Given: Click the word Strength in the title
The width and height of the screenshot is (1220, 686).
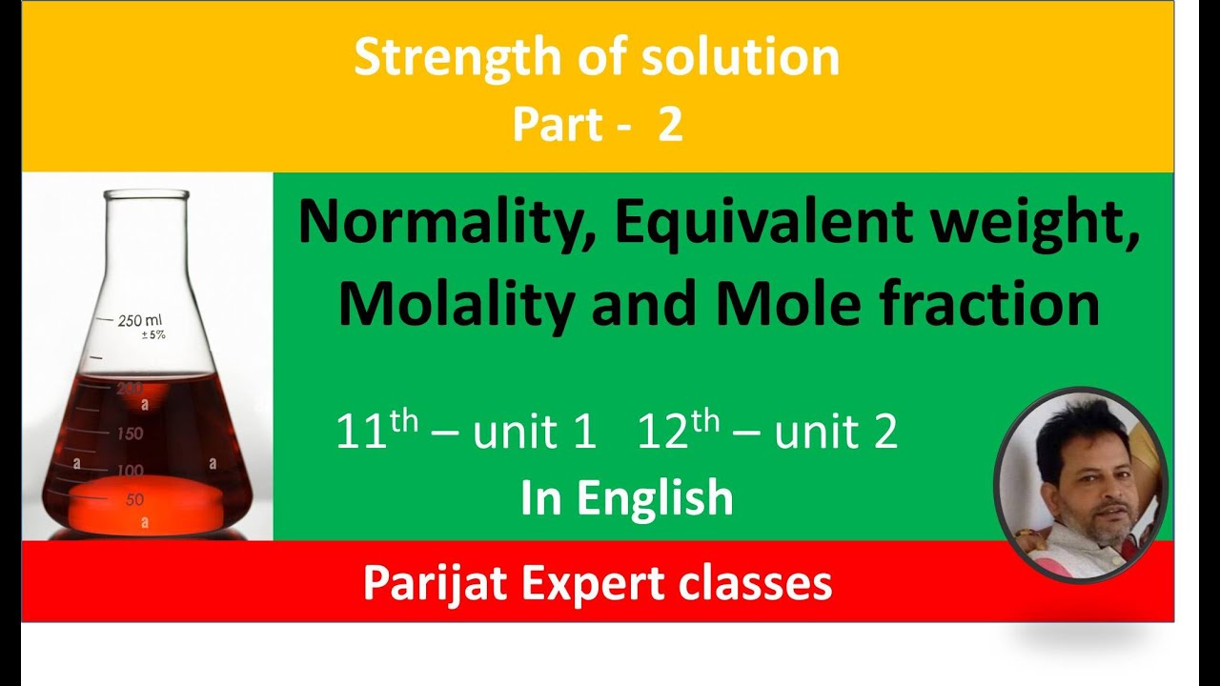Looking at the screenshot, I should [x=431, y=59].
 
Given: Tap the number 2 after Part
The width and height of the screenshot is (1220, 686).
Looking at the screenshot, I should [x=670, y=125].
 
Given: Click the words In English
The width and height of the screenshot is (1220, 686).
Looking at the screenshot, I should [x=626, y=498].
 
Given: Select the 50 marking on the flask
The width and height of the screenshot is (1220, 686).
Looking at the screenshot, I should [x=133, y=499].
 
